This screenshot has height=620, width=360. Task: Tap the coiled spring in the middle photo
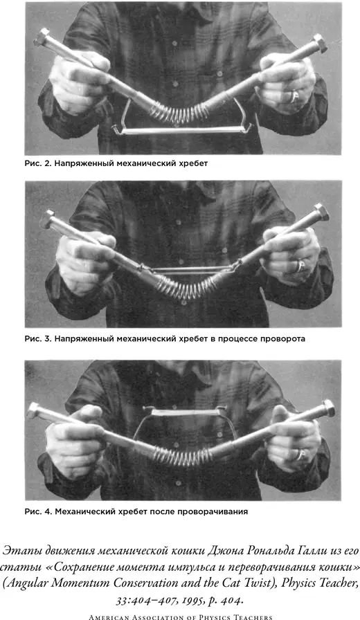pyautogui.click(x=184, y=287)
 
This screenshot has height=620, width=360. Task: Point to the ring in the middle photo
pyautogui.click(x=300, y=265)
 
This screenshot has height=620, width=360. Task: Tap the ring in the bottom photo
pyautogui.click(x=300, y=455)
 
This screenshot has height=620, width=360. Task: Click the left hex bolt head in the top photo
pyautogui.click(x=42, y=37)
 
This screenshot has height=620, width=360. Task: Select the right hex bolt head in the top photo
pyautogui.click(x=320, y=43)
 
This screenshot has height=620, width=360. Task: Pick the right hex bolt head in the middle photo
pyautogui.click(x=321, y=212)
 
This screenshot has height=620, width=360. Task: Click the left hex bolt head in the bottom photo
pyautogui.click(x=34, y=410)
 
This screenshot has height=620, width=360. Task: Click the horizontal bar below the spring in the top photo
pyautogui.click(x=182, y=131)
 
